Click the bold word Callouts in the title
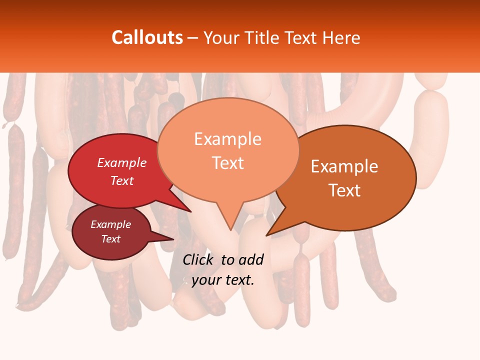coord(147,37)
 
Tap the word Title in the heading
coord(260,37)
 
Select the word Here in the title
coord(341,37)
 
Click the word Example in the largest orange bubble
coord(227,139)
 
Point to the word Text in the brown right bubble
coord(344,190)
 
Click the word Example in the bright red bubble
coord(122,162)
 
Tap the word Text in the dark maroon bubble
coord(111,239)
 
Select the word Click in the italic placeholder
coord(198,259)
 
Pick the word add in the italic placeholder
coord(250,259)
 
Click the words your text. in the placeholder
coord(223,280)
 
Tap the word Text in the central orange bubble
coord(228,163)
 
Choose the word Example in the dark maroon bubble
coord(111,224)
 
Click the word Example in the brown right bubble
coord(344,166)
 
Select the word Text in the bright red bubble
coord(122,180)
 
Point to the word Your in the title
coord(222,37)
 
